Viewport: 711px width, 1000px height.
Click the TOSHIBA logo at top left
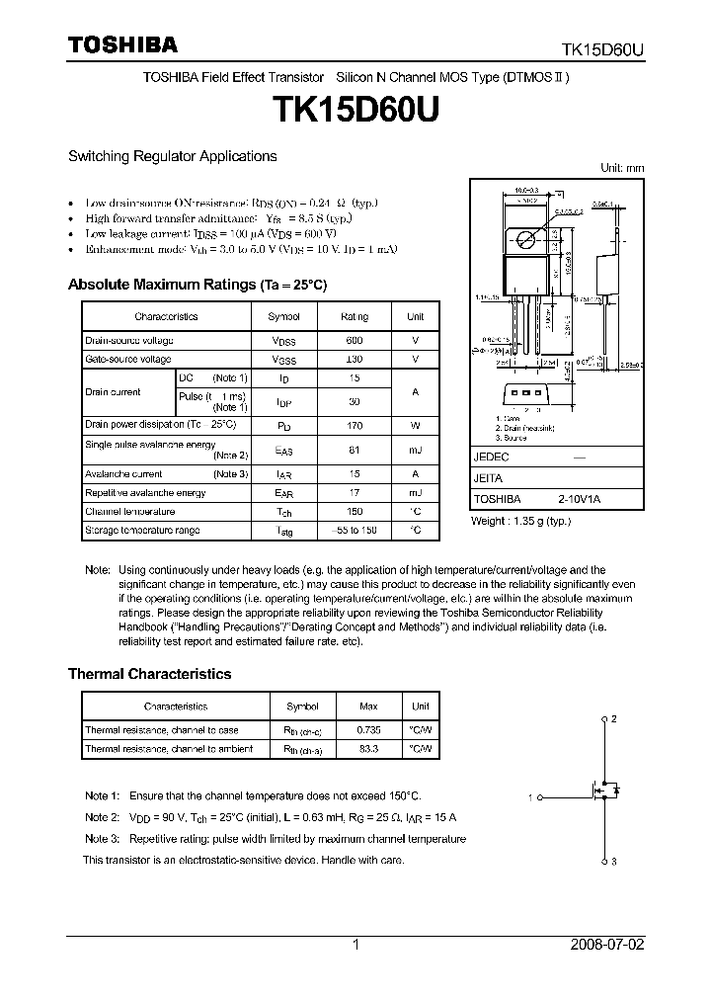(122, 44)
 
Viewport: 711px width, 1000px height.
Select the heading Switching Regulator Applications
(172, 156)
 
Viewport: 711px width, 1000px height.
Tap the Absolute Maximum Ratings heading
(197, 285)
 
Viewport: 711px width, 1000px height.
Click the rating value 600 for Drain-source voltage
(355, 340)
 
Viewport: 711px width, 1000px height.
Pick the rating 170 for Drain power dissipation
(355, 425)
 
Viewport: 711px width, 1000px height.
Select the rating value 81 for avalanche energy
(355, 451)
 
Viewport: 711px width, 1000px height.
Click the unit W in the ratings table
(415, 425)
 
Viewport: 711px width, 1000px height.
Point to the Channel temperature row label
(129, 512)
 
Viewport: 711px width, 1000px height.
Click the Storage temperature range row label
(142, 531)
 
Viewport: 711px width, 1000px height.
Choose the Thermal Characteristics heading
(149, 674)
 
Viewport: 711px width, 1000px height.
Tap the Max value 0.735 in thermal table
(366, 730)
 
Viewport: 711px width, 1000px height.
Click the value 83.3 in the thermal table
(366, 749)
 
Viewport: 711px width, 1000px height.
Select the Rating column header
(355, 316)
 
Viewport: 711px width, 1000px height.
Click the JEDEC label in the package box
(491, 458)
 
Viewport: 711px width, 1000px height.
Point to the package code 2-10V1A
(580, 500)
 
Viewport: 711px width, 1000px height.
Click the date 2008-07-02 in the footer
(607, 945)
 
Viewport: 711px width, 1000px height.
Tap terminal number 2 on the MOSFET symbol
(614, 718)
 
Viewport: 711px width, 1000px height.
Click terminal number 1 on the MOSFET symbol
(530, 796)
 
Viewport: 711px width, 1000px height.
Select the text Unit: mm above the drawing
(622, 168)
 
